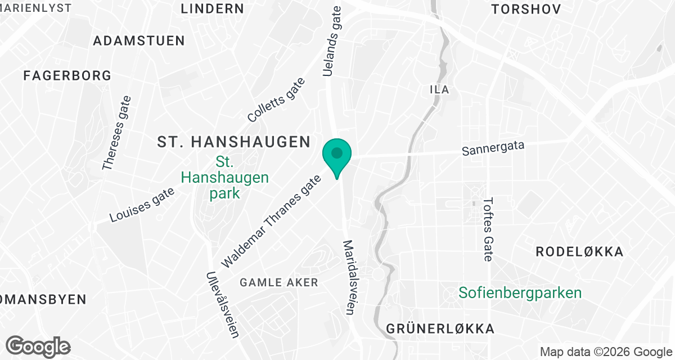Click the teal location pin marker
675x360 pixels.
click(x=337, y=155)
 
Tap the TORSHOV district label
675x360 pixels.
click(x=526, y=9)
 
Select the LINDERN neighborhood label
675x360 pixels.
click(x=213, y=8)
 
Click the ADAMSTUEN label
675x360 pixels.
click(x=139, y=41)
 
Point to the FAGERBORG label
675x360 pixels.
click(x=67, y=76)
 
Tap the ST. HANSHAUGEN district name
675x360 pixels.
click(x=233, y=142)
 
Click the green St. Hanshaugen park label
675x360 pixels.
click(x=224, y=178)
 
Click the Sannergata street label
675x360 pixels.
click(x=493, y=148)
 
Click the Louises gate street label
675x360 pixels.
click(x=142, y=204)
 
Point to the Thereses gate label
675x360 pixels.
click(x=116, y=133)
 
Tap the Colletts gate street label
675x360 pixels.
click(x=276, y=100)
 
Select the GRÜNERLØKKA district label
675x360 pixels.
click(x=440, y=329)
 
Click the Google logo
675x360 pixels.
click(x=38, y=346)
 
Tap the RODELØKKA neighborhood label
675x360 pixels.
click(x=579, y=252)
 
